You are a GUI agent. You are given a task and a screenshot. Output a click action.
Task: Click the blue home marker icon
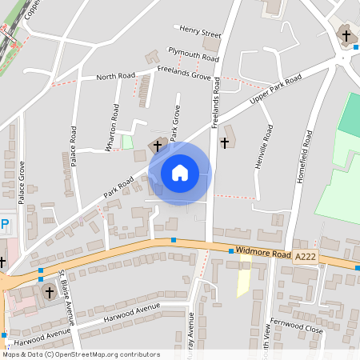click(x=179, y=173)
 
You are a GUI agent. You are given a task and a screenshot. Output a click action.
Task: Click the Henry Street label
click(x=200, y=32)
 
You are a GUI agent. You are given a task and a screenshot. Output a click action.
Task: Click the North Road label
click(x=116, y=77)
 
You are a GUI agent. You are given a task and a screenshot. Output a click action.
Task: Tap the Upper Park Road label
click(x=276, y=92)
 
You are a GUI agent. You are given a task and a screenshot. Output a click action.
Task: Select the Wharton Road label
click(x=116, y=126)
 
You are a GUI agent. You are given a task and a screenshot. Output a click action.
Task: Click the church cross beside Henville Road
click(x=225, y=143)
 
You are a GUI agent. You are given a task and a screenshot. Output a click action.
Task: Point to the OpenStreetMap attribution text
click(x=80, y=354)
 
